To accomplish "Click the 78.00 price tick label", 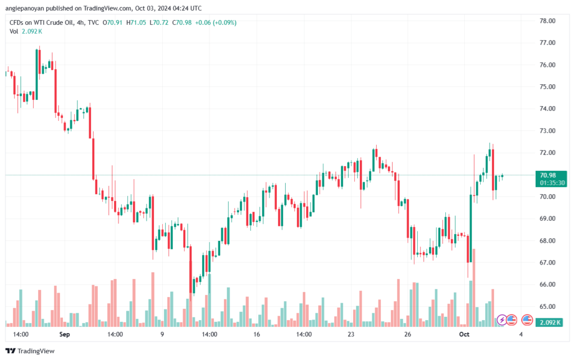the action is click(x=547, y=21).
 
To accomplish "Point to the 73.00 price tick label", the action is click(x=547, y=131).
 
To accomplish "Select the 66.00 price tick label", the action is click(x=547, y=285).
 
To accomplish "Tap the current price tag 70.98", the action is click(x=548, y=175).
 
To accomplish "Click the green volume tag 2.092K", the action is click(x=550, y=322).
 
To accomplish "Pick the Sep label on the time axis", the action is click(x=65, y=334).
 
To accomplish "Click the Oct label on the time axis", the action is click(x=464, y=334).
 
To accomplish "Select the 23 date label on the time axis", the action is click(x=351, y=334).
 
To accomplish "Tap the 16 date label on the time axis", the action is click(x=256, y=334).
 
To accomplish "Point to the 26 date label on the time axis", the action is click(x=408, y=334).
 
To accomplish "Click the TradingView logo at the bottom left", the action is click(x=30, y=351).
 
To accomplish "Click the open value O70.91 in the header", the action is click(x=112, y=22).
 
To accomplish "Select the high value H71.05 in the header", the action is click(x=136, y=22).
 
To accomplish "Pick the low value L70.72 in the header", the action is click(x=159, y=22).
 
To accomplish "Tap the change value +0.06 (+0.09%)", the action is click(x=216, y=22).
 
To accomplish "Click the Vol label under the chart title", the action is click(x=13, y=31).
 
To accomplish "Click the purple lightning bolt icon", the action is click(x=501, y=320).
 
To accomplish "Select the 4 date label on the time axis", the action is click(x=521, y=334).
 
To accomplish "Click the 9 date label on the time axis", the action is click(x=162, y=334).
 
